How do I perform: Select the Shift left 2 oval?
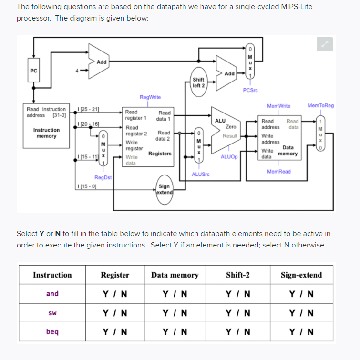point(198,82)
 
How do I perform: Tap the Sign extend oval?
point(164,189)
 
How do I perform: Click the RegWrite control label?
point(150,97)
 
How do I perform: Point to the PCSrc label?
point(250,90)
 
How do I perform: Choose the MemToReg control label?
point(321,105)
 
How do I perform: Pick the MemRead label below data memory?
point(278,171)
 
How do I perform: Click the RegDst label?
point(103,177)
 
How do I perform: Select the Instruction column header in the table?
point(52,275)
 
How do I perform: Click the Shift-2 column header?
point(238,275)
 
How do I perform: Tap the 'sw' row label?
point(52,313)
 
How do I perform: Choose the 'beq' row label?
point(52,332)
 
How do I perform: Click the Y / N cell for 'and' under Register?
point(115,294)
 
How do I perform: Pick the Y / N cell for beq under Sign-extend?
point(301,332)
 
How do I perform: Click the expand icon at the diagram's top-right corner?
point(324,44)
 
